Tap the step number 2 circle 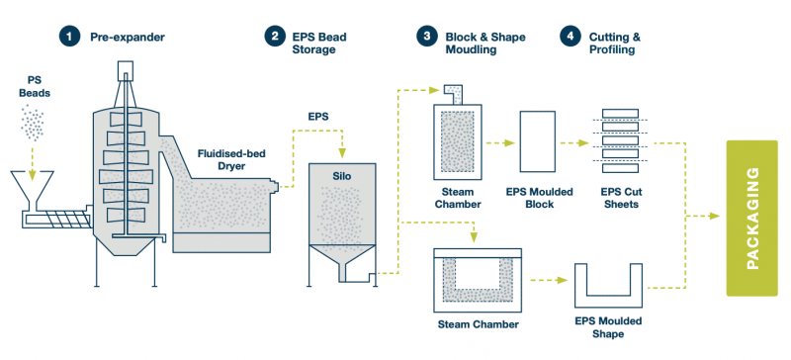coord(275,38)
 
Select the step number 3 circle coord(427,38)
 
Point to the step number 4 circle coord(571,38)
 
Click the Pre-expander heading coord(128,38)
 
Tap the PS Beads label coord(36,85)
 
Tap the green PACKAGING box coord(752,218)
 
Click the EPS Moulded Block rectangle coord(536,143)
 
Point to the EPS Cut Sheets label coord(620,198)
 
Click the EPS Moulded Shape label coord(610,327)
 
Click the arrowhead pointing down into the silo coord(342,152)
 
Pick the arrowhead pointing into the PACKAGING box coord(720,217)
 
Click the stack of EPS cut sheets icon coord(620,141)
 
